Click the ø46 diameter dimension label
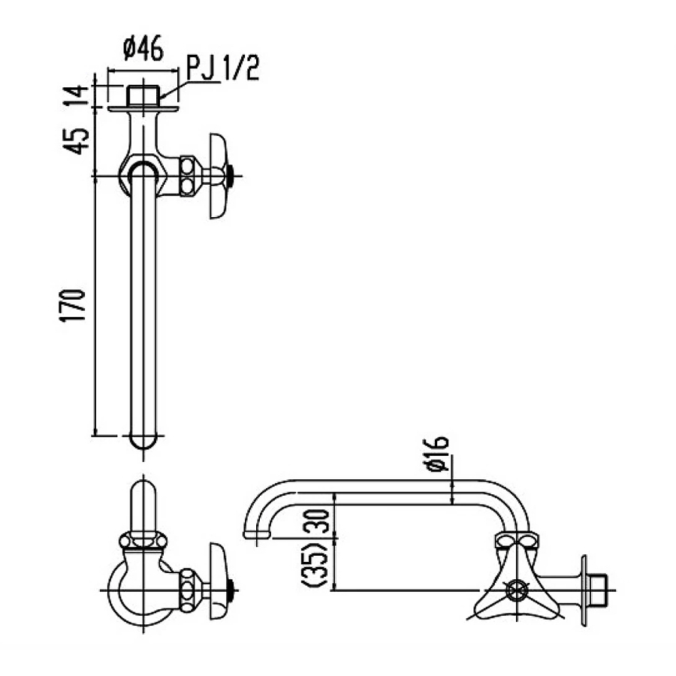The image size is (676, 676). pyautogui.click(x=142, y=50)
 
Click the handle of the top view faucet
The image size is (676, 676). pyautogui.click(x=217, y=177)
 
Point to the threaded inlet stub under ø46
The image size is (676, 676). pyautogui.click(x=143, y=95)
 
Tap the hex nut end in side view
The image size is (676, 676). pyautogui.click(x=598, y=590)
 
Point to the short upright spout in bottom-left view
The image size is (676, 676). pyautogui.click(x=143, y=503)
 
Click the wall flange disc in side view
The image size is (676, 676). pyautogui.click(x=584, y=590)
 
